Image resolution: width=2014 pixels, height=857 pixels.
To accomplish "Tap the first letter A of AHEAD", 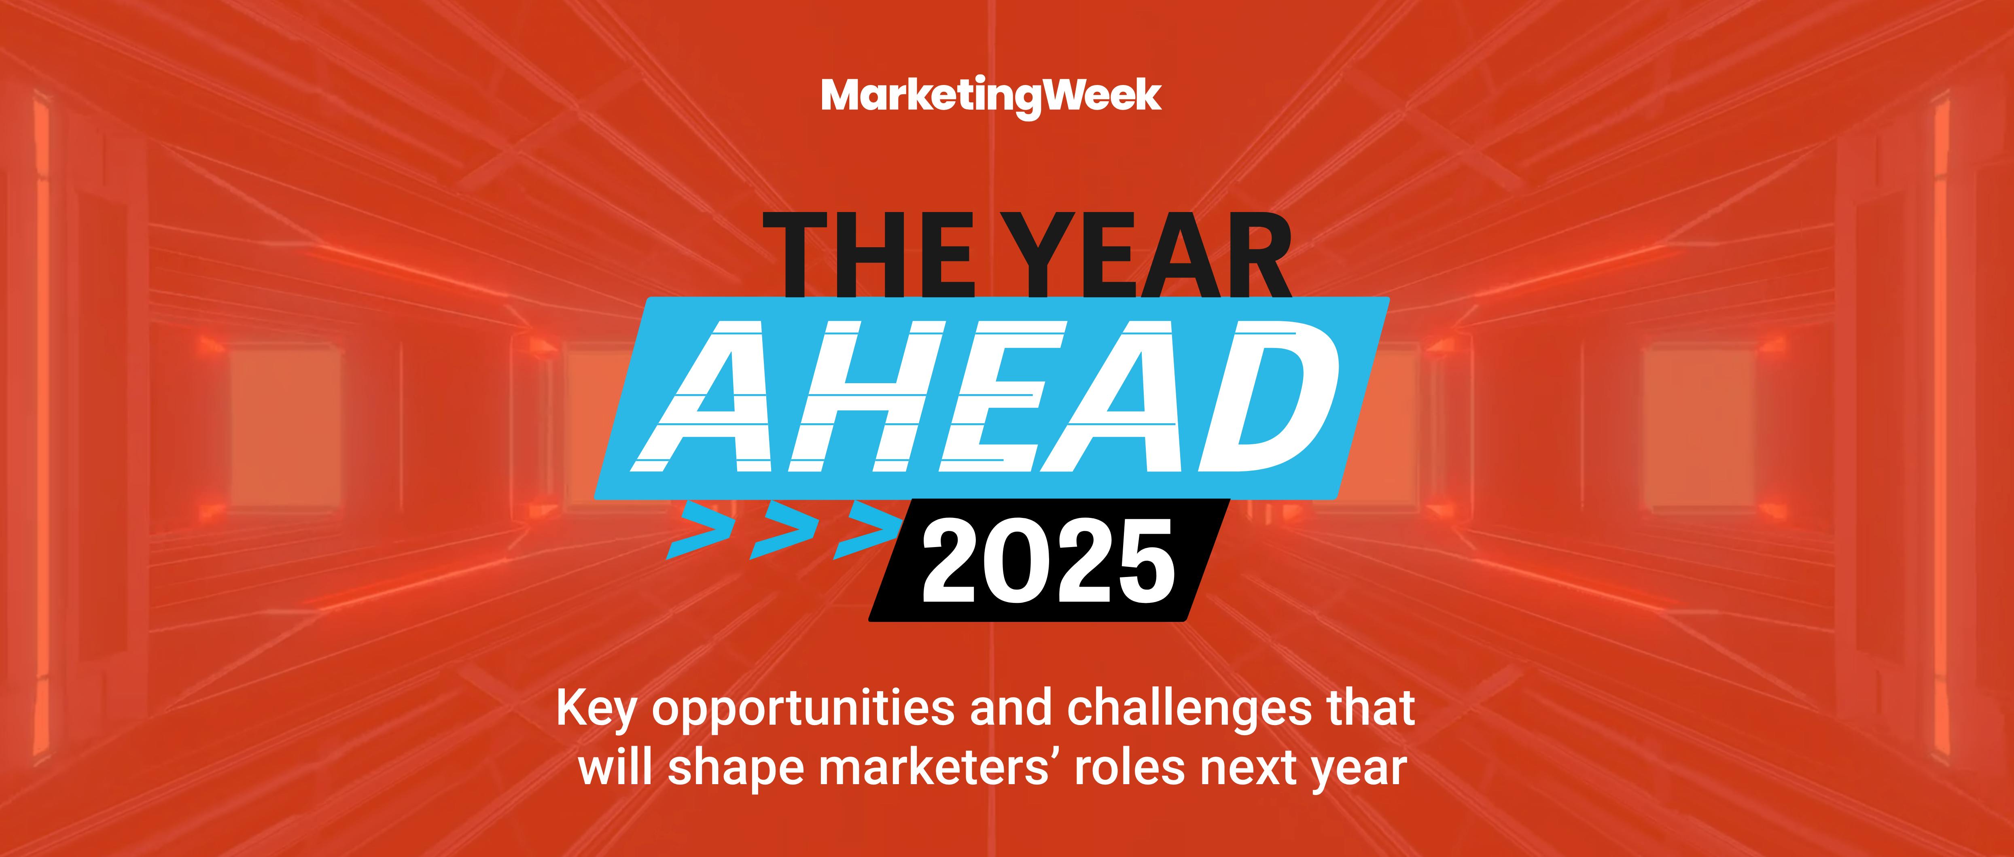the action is click(708, 397).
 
